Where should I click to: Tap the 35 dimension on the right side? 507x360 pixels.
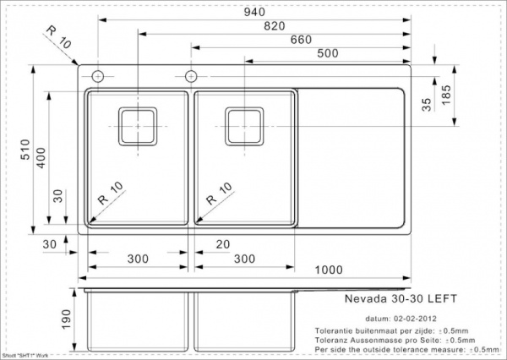pos(427,104)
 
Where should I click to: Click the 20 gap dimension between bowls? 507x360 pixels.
pos(221,243)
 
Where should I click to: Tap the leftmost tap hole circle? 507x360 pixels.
pos(97,77)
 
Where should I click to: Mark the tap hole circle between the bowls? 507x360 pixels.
pos(192,77)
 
